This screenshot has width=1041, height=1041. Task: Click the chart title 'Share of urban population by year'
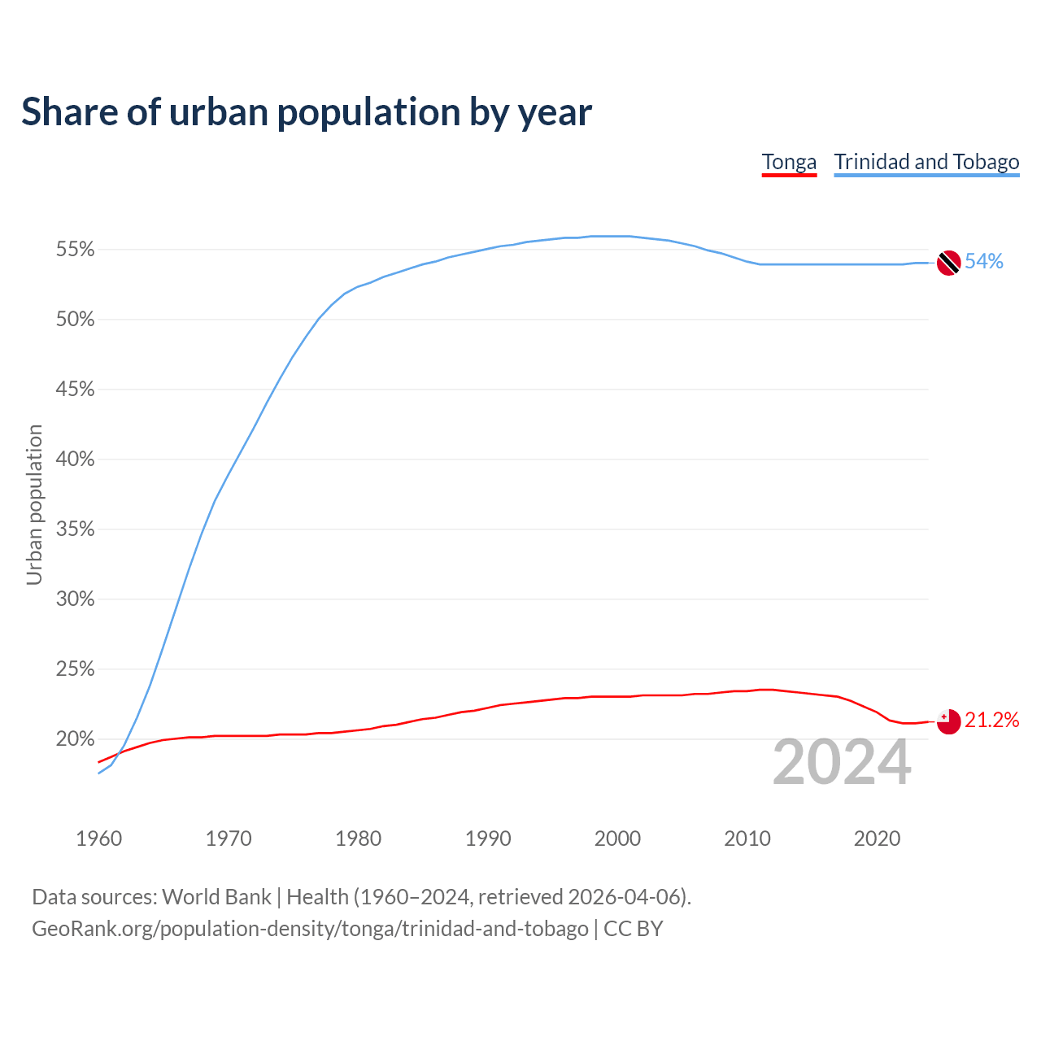coord(307,112)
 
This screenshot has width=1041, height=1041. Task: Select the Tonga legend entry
coord(789,162)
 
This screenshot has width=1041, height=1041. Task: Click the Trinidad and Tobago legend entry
coord(926,162)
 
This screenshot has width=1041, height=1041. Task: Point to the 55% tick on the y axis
coord(75,250)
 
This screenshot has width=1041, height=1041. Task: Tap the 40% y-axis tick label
coord(75,460)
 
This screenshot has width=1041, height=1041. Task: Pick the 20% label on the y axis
coord(75,739)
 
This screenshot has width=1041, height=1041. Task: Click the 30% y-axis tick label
coord(75,599)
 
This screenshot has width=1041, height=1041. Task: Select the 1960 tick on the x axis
coord(99,838)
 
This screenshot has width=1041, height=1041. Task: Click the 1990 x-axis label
coord(488,838)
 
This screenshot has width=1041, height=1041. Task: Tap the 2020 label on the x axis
coord(877,838)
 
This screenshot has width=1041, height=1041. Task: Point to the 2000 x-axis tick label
coord(618,838)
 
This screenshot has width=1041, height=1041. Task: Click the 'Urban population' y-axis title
coord(34,505)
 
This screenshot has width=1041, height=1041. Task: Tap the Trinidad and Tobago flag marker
coord(948,263)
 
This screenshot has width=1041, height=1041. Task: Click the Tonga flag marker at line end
coord(948,721)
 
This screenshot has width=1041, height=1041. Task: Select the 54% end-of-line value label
coord(984,261)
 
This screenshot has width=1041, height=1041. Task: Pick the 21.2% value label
coord(991,720)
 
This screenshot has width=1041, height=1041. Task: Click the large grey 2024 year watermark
coord(842,762)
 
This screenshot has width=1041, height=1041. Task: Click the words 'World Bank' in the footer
coord(216,896)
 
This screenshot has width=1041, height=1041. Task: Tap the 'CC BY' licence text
coord(633,928)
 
